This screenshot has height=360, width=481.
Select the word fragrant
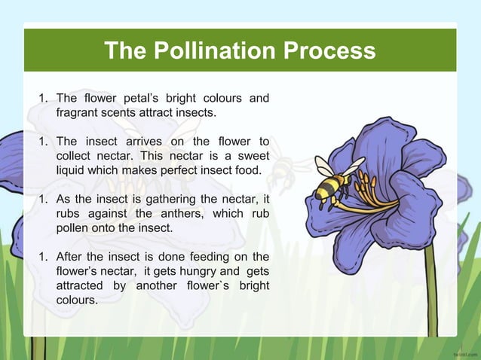[x=79, y=113]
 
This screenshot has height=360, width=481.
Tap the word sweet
[x=252, y=156]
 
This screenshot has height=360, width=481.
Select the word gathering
[x=151, y=199]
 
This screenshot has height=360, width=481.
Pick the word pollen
[x=73, y=227]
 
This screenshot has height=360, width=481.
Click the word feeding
[x=209, y=256]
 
